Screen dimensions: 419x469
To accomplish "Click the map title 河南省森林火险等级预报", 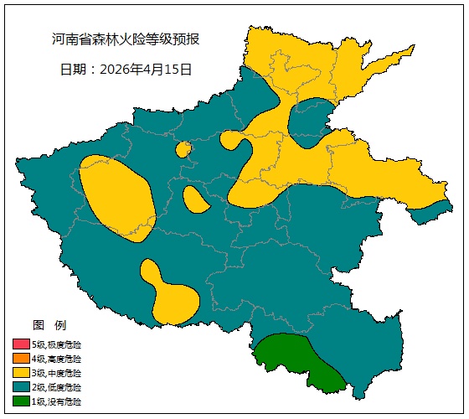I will click(125, 39).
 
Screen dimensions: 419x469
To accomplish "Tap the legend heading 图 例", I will click(49, 324).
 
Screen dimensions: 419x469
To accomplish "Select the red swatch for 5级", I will click(21, 344).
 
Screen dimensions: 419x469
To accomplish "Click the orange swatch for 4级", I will click(21, 359).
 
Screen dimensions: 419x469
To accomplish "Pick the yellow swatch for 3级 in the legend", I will click(21, 373).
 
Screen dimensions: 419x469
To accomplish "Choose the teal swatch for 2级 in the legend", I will click(21, 387).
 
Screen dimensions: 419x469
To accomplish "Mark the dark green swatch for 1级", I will click(21, 401).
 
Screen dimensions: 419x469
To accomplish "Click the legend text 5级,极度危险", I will click(57, 344).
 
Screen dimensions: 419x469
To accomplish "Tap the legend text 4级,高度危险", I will click(57, 359).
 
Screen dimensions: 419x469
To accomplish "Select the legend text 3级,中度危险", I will click(57, 373).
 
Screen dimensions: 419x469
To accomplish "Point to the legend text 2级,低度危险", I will click(57, 387).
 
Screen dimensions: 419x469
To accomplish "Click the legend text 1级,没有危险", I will click(57, 401).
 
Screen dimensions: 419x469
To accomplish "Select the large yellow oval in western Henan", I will click(117, 197).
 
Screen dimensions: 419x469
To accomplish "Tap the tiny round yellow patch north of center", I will click(183, 149).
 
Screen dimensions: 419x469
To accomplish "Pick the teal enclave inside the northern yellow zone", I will click(312, 122).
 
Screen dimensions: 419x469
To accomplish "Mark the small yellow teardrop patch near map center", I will click(194, 199).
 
